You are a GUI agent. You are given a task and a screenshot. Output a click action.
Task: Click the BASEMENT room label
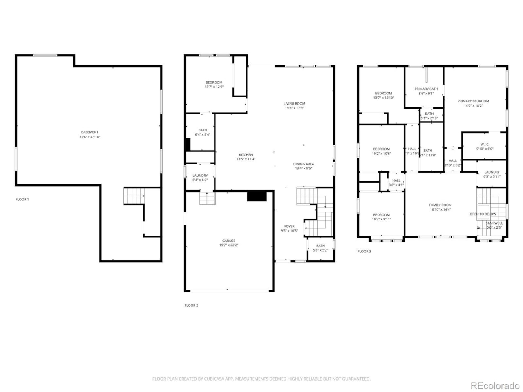point(89,132)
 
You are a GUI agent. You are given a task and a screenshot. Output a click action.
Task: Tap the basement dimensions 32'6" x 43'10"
point(89,137)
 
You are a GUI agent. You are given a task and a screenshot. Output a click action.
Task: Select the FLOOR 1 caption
point(22,200)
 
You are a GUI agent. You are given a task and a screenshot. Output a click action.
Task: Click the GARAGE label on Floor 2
point(228,241)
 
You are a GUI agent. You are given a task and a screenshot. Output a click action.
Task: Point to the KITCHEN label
point(246,154)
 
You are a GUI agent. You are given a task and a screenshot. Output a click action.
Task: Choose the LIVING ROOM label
point(294,103)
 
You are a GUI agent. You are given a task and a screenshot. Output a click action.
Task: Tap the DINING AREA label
point(304,164)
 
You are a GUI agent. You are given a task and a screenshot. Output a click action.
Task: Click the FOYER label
point(289,226)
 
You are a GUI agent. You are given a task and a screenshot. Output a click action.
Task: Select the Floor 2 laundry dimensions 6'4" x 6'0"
point(200,180)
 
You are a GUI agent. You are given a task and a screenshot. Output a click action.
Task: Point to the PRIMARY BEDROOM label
point(473,101)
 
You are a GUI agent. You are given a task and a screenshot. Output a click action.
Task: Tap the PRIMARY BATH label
point(426,89)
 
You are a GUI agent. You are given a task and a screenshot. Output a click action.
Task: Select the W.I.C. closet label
point(485,144)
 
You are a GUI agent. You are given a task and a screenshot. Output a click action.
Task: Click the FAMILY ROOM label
point(440,205)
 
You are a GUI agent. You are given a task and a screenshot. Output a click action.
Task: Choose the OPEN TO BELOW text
point(483,214)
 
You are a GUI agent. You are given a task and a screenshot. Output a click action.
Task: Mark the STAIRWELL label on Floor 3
point(494,223)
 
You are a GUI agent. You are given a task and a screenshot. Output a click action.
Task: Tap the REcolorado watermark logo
point(495,385)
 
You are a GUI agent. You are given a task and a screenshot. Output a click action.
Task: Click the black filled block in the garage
point(257,196)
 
